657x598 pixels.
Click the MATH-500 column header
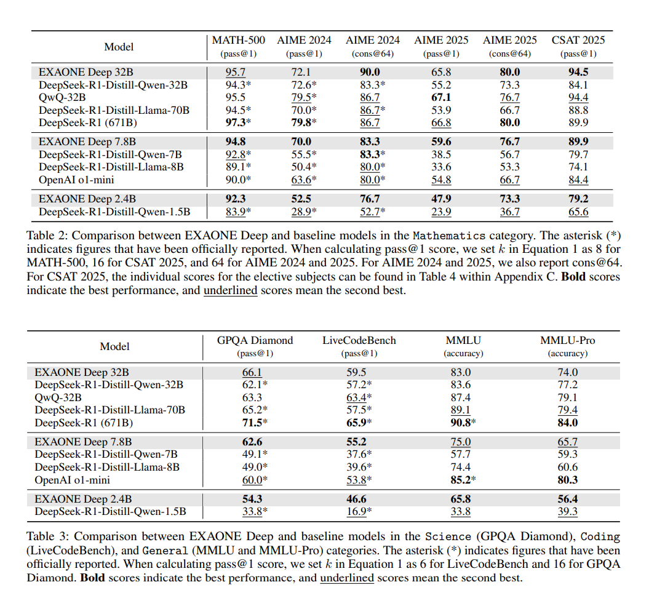click(238, 41)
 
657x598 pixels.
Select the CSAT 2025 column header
click(578, 41)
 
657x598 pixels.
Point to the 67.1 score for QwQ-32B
click(440, 97)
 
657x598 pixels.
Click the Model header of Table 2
click(119, 47)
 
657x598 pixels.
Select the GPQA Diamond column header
click(255, 340)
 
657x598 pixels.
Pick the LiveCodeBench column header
click(359, 340)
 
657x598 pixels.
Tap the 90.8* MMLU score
click(463, 423)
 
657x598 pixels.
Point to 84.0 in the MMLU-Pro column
click(567, 423)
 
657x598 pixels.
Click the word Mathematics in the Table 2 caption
click(448, 236)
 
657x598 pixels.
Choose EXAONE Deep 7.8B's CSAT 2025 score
click(578, 142)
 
